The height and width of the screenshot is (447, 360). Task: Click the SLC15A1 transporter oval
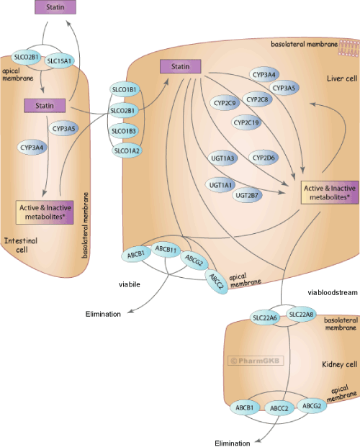pos(59,60)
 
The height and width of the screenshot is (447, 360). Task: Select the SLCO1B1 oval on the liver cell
pos(124,90)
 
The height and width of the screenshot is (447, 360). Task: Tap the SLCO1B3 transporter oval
pos(124,131)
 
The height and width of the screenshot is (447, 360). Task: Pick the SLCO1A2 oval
pos(127,150)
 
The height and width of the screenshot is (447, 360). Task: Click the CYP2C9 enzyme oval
pos(225,103)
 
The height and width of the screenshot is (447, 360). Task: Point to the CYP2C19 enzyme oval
pos(246,122)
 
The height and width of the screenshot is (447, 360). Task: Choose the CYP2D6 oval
pos(264,158)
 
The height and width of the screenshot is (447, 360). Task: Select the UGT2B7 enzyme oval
pos(247,196)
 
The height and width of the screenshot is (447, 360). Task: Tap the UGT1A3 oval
pos(222,158)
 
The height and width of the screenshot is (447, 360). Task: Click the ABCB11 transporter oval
pos(166,250)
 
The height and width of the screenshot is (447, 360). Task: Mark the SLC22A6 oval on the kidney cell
pos(265,317)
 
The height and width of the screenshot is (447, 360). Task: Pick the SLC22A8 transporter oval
pos(301,315)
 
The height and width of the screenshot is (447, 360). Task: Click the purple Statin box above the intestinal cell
pos(55,7)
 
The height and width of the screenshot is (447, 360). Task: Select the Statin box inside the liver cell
pos(180,66)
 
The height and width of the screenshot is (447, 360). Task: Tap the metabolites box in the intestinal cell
pos(45,212)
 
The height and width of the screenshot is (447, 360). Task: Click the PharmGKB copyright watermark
pos(256,361)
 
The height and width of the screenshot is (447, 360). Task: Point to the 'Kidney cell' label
pos(339,364)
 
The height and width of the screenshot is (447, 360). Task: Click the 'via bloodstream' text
pos(333,292)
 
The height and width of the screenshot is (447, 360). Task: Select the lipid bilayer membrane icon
pos(348,48)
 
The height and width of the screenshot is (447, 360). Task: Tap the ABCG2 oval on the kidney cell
pos(312,406)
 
